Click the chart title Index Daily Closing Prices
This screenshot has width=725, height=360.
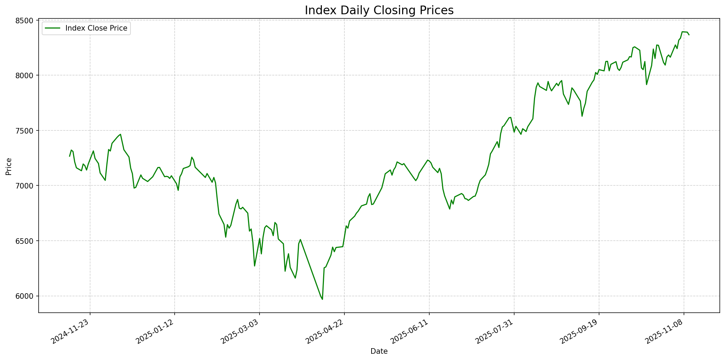point(379,10)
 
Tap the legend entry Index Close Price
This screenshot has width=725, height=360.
point(96,28)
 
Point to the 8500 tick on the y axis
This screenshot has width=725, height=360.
point(26,20)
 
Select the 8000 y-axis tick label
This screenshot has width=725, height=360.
point(26,75)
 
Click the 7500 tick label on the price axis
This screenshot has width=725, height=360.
point(26,131)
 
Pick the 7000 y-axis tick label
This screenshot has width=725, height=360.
point(26,186)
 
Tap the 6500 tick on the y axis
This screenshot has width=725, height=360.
point(26,241)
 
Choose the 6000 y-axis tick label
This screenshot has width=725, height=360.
point(26,296)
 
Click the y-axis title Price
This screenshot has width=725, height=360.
point(9,166)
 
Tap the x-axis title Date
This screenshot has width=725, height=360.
point(379,351)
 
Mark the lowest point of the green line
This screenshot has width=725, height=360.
point(322,299)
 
